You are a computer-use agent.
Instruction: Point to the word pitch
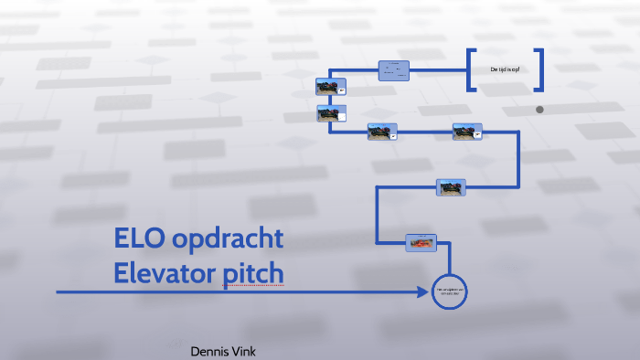(253, 273)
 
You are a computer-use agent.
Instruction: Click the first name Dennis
(209, 351)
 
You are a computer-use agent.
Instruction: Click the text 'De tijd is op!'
(505, 69)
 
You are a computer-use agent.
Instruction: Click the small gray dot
(539, 110)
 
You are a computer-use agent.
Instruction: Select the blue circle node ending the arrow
(449, 292)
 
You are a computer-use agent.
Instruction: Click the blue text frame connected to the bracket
(394, 69)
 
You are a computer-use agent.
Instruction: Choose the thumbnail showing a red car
(421, 243)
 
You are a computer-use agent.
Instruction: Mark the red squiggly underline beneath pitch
(253, 286)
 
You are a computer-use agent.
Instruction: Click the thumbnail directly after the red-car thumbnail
(451, 188)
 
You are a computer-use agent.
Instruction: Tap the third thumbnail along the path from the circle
(467, 132)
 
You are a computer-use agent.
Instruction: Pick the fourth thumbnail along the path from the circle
(382, 132)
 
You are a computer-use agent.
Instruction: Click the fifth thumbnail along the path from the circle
(330, 114)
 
